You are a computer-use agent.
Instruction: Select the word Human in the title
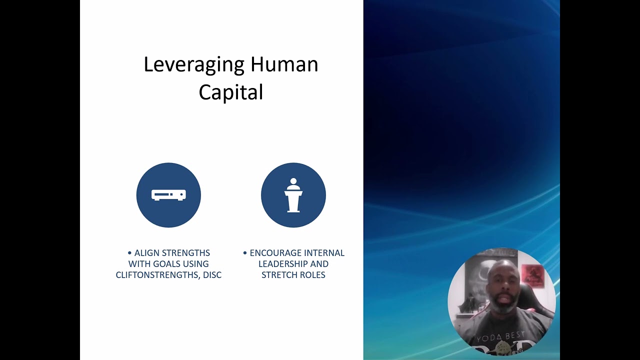point(284,65)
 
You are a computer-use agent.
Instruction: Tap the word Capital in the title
point(230,92)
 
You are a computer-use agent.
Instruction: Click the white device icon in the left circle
point(168,195)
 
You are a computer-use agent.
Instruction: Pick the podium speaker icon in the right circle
point(293,195)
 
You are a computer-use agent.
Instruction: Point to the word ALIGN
point(145,253)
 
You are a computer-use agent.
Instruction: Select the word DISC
point(212,275)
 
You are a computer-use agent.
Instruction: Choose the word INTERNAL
point(325,253)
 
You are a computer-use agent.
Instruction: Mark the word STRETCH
point(278,275)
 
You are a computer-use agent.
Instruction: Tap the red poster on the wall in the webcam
point(531,274)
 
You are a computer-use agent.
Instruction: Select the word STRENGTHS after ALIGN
point(184,253)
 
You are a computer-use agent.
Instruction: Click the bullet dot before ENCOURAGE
point(245,253)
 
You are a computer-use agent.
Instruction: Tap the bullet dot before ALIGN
point(130,253)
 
